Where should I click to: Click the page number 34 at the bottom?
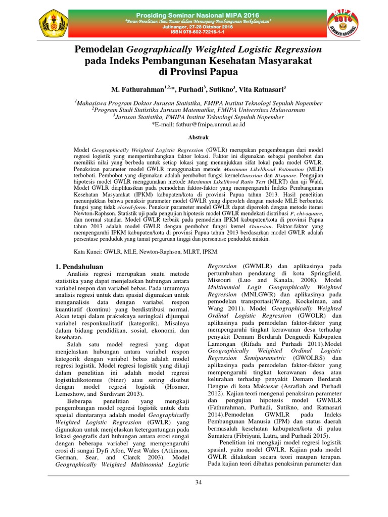199,483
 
